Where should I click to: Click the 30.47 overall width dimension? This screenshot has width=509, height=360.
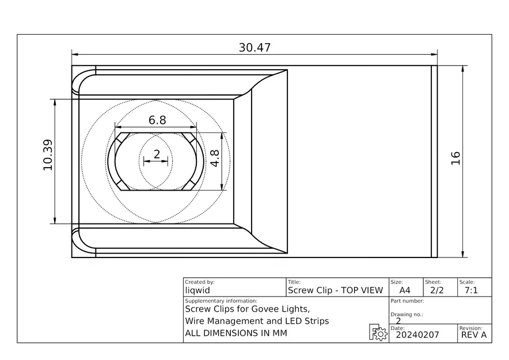254,48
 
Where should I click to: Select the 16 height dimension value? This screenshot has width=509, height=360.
455,158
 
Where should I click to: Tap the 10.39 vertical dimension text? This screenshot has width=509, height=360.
47,155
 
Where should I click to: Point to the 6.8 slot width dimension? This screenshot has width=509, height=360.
157,120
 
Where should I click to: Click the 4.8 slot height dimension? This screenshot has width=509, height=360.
215,158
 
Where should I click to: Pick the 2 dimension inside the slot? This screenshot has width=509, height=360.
157,154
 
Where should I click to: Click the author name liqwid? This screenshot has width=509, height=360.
197,290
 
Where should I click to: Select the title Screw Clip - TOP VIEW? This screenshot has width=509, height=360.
335,290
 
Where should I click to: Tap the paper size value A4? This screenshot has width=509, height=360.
405,290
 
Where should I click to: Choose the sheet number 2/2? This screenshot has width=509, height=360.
438,290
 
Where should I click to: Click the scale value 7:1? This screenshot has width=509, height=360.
470,290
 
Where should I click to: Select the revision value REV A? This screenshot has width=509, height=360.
474,335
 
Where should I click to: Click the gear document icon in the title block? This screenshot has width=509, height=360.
378,333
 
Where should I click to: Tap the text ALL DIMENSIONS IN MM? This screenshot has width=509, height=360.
235,334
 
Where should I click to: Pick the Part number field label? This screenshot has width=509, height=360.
407,301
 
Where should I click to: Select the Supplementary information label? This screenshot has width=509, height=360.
221,301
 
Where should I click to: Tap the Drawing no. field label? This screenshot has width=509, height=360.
407,314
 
